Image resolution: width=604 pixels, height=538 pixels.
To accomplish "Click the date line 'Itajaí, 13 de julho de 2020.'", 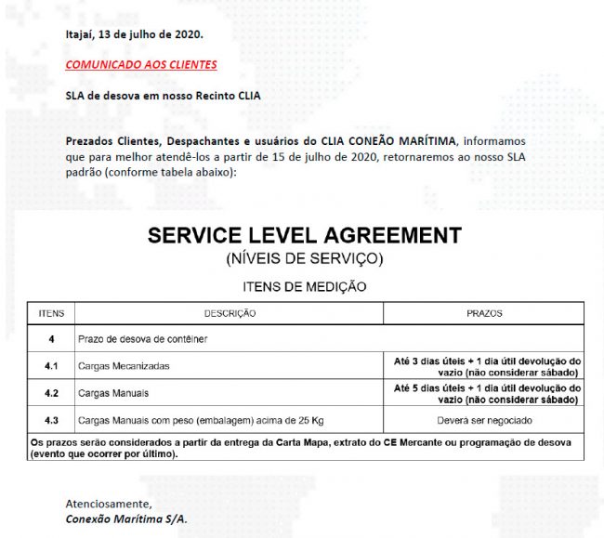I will click(x=133, y=35).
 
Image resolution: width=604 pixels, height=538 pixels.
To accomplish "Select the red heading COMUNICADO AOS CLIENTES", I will click(x=141, y=65).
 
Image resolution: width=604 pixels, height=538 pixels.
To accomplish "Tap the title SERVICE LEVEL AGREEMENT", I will click(x=304, y=235).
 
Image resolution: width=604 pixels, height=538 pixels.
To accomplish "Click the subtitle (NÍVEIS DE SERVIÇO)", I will click(x=304, y=256).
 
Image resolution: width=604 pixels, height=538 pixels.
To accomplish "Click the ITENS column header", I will click(x=51, y=314).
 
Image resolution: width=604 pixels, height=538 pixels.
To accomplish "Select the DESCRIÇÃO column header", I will click(x=230, y=314).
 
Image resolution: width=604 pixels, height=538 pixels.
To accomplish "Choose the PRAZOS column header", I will click(x=484, y=314).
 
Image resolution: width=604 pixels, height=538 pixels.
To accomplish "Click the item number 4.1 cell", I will click(x=51, y=366).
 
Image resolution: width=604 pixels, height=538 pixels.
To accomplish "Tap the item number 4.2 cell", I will click(x=51, y=393).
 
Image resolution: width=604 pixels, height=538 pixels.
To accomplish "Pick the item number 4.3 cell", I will click(x=51, y=419).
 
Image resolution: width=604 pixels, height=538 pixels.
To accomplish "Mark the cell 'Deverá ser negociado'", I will click(x=485, y=419).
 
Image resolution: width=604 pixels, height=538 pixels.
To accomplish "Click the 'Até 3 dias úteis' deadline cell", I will click(x=485, y=366).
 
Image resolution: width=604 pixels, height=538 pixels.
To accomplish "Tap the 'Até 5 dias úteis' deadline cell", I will click(x=485, y=393).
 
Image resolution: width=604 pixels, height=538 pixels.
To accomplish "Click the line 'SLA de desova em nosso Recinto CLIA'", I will click(x=164, y=97).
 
